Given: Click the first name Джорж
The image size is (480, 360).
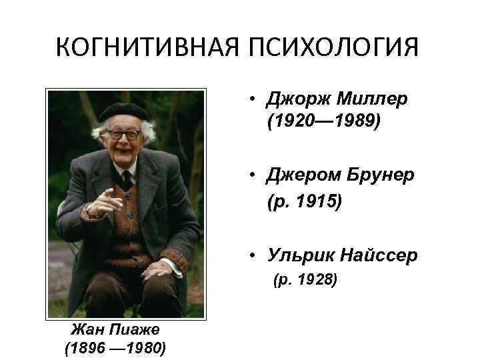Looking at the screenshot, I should click(294, 99).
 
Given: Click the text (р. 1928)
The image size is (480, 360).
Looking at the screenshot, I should click(303, 279).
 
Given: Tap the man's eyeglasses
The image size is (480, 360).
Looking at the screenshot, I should click(124, 133).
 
